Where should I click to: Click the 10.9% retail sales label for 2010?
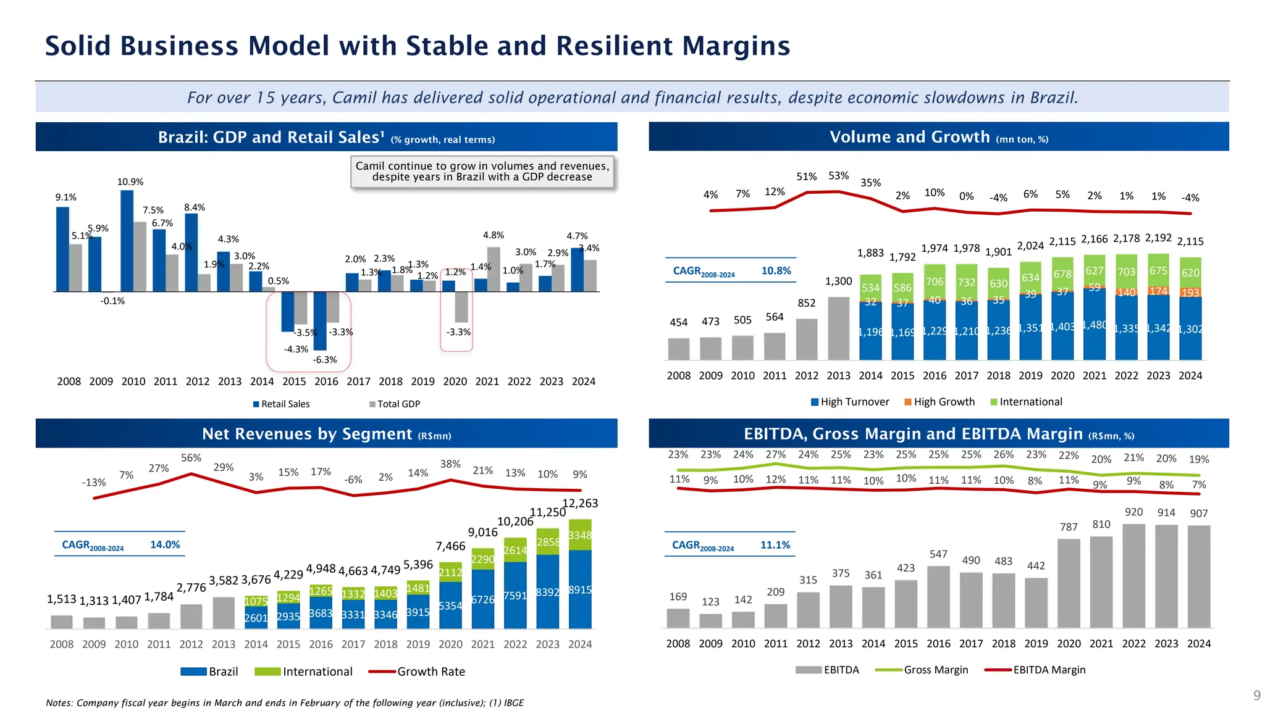(x=130, y=182)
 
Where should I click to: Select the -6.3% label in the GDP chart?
(x=325, y=360)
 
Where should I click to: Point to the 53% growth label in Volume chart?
(x=838, y=176)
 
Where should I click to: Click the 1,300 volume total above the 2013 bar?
(x=838, y=281)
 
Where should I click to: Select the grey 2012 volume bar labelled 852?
(x=806, y=339)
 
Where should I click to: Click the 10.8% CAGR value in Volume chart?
(x=776, y=271)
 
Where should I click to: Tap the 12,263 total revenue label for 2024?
(x=580, y=504)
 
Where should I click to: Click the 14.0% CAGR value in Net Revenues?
(x=165, y=545)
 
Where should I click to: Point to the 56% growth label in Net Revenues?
(x=191, y=458)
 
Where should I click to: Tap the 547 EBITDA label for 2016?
(x=938, y=555)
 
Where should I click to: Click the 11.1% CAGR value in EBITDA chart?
(x=775, y=545)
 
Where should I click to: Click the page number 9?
(x=1256, y=696)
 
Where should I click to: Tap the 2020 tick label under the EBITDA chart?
(x=1069, y=644)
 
